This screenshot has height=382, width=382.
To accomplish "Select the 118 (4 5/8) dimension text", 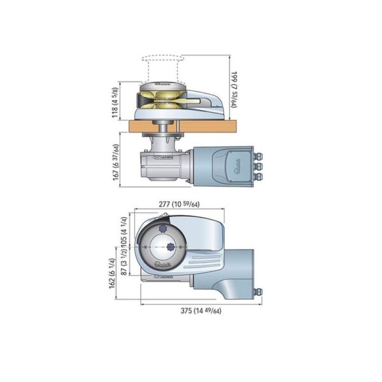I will click(x=115, y=99).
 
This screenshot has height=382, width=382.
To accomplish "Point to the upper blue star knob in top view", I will click(x=162, y=228).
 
